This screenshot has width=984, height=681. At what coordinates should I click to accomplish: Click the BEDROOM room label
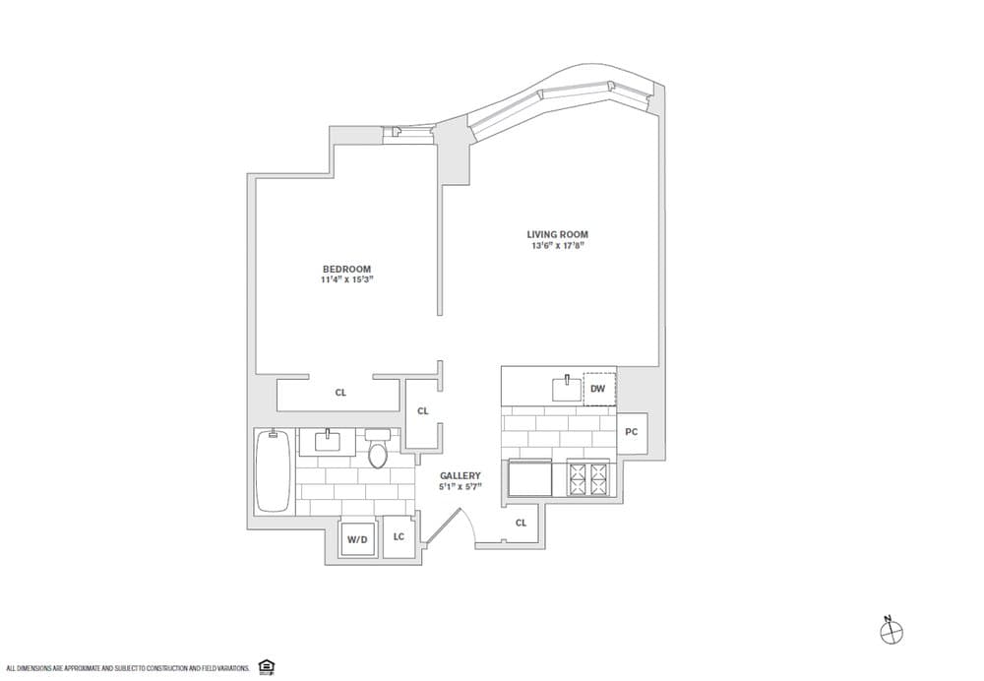(x=346, y=269)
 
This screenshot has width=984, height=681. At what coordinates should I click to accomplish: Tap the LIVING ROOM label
(x=557, y=234)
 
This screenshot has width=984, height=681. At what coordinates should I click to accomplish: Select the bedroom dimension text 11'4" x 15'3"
(x=346, y=280)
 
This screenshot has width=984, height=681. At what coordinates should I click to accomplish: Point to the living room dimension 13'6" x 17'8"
(x=557, y=246)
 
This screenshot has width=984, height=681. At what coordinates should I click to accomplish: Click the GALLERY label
(x=460, y=474)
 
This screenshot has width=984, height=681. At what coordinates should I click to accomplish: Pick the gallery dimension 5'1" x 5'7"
(x=460, y=486)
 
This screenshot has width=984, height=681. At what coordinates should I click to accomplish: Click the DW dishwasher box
(x=597, y=389)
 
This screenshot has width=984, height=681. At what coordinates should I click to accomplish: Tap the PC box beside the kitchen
(x=632, y=432)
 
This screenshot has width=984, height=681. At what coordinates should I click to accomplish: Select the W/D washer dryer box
(x=357, y=538)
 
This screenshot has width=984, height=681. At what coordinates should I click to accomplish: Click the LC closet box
(x=399, y=536)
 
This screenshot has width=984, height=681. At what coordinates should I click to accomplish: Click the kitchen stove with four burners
(x=587, y=479)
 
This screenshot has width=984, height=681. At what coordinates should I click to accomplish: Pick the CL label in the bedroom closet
(x=340, y=393)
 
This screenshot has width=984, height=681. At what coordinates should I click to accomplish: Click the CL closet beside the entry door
(x=521, y=523)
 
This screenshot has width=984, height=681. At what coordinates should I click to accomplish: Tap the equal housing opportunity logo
(x=265, y=666)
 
